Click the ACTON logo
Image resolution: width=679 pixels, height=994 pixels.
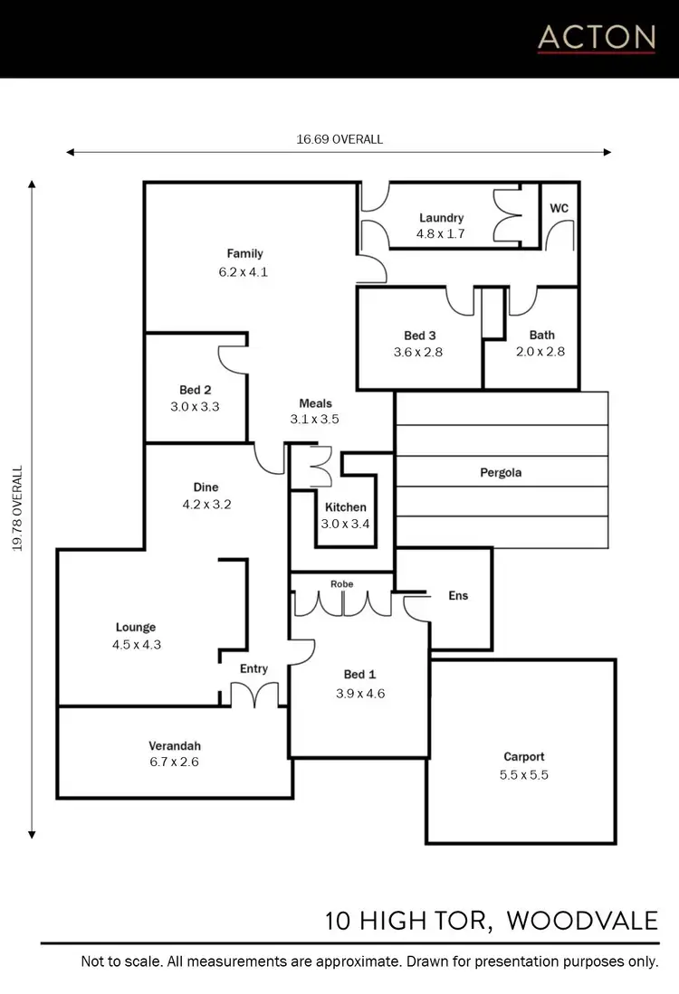(596, 38)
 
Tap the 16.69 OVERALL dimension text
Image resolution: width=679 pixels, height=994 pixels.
(339, 139)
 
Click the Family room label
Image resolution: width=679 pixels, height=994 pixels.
(244, 253)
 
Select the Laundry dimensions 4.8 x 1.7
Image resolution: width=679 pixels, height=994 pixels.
(441, 233)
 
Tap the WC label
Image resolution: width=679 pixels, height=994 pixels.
(559, 208)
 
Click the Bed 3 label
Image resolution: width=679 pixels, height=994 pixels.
(418, 336)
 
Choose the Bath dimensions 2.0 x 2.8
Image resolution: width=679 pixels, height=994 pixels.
(541, 352)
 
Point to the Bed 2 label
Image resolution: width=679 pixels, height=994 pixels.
(195, 390)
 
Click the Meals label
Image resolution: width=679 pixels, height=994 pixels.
(315, 403)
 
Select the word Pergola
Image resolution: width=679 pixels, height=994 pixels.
(501, 472)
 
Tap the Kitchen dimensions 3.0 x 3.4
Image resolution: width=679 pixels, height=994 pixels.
(345, 523)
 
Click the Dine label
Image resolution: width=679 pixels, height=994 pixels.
(206, 488)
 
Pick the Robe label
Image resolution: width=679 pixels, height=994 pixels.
(341, 584)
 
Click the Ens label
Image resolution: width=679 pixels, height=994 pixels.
(458, 596)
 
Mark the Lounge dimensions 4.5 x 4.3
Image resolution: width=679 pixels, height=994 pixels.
(136, 645)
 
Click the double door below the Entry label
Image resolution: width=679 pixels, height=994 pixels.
(253, 695)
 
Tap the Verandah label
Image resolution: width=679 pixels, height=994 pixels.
(175, 746)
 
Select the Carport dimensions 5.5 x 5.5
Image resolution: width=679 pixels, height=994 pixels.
(525, 774)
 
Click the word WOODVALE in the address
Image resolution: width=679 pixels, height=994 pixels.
(582, 921)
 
